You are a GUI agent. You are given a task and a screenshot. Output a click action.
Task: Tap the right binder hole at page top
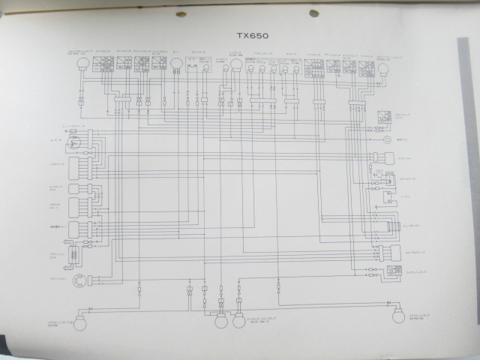[313, 13]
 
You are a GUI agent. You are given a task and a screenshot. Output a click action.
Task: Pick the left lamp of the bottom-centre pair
[221, 322]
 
